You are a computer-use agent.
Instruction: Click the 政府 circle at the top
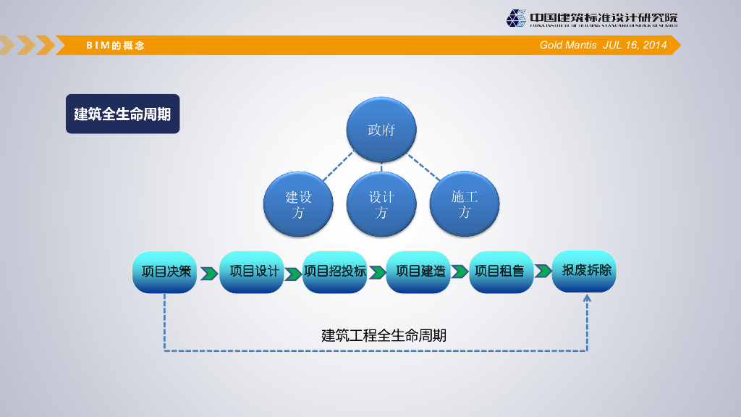[x=381, y=130]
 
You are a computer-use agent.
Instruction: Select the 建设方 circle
[x=298, y=203]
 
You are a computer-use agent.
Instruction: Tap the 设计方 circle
[x=381, y=203]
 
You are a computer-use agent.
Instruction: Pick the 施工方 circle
[x=465, y=203]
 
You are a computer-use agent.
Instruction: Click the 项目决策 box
[x=165, y=272]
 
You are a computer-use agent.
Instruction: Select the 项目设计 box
[x=251, y=272]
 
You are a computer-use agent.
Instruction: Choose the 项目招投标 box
[x=334, y=272]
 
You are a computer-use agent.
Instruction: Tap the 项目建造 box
[x=418, y=272]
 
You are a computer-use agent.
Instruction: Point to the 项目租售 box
[x=501, y=272]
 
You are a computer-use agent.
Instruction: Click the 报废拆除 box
[x=585, y=271]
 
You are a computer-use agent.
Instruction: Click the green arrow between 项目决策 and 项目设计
[x=208, y=274]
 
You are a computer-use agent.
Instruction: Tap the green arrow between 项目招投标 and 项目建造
[x=377, y=273]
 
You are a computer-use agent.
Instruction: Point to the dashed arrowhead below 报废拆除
[x=587, y=299]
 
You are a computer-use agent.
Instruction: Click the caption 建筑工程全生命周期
[x=384, y=335]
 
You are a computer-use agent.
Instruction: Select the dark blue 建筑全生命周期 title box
[x=122, y=114]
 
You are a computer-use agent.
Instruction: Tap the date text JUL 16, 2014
[x=635, y=45]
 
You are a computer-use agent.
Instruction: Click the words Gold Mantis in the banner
[x=568, y=45]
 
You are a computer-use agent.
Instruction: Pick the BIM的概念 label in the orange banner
[x=116, y=46]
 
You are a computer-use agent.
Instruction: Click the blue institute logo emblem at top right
[x=516, y=18]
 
